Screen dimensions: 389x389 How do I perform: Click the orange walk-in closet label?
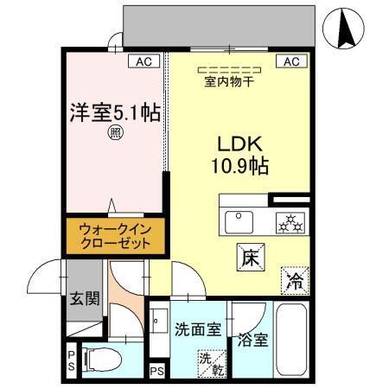point(114,235)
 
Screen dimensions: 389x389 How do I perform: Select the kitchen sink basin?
point(239,221)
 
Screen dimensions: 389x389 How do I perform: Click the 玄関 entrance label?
point(84,300)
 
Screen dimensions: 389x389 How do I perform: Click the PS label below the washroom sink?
point(156,372)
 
